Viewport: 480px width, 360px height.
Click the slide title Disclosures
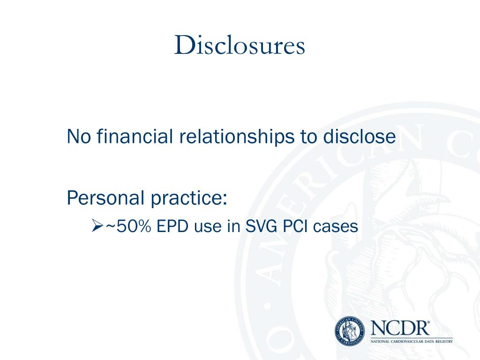(240, 46)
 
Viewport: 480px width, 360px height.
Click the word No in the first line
(77, 137)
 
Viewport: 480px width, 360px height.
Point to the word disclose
(360, 137)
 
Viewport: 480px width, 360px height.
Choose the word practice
(188, 199)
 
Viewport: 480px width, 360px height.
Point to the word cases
(336, 227)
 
